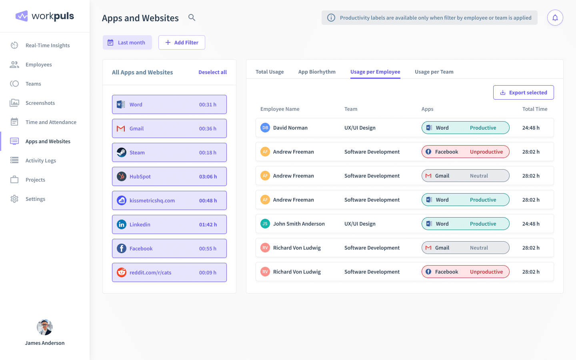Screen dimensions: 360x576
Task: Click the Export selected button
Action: pyautogui.click(x=523, y=92)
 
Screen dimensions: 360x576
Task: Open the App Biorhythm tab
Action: pyautogui.click(x=317, y=72)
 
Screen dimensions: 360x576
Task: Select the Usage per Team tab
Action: pyautogui.click(x=434, y=72)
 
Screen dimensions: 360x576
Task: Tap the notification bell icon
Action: pyautogui.click(x=555, y=18)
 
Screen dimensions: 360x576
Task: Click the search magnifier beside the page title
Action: pyautogui.click(x=192, y=18)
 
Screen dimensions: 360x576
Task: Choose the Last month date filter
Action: pyautogui.click(x=127, y=42)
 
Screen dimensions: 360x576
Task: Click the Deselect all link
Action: pyautogui.click(x=212, y=72)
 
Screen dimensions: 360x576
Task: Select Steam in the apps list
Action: pyautogui.click(x=169, y=152)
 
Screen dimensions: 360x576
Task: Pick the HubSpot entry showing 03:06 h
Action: pyautogui.click(x=169, y=176)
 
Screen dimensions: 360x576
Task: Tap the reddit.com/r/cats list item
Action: pyautogui.click(x=169, y=272)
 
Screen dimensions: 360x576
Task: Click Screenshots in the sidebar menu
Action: pyautogui.click(x=40, y=103)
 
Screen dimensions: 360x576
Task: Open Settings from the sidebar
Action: pyautogui.click(x=35, y=199)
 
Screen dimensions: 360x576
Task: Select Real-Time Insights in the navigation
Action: pyautogui.click(x=47, y=45)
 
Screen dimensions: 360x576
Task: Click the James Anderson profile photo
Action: pyautogui.click(x=45, y=327)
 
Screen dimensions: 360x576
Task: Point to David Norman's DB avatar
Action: pyautogui.click(x=265, y=128)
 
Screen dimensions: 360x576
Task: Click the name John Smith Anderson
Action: pyautogui.click(x=299, y=224)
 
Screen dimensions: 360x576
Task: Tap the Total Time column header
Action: pyautogui.click(x=534, y=109)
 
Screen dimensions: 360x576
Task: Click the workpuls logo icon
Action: pyautogui.click(x=22, y=16)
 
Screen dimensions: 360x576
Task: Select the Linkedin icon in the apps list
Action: pyautogui.click(x=122, y=224)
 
